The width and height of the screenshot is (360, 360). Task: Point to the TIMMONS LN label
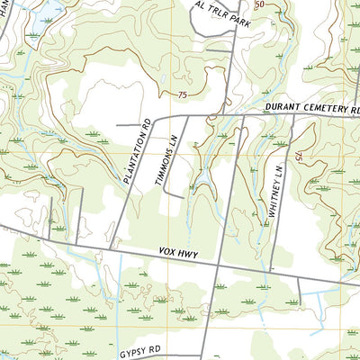pyautogui.click(x=166, y=162)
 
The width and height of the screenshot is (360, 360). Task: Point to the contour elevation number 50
pyautogui.click(x=260, y=4)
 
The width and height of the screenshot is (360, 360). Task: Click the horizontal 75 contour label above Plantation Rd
pyautogui.click(x=184, y=94)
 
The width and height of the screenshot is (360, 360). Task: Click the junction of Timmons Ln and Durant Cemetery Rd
pyautogui.click(x=187, y=116)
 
